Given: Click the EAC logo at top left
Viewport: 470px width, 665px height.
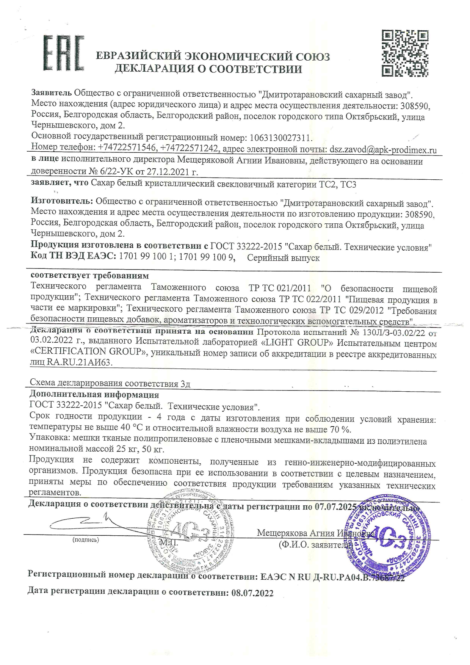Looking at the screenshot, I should pyautogui.click(x=64, y=53).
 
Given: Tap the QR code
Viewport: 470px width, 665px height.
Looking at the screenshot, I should pyautogui.click(x=405, y=53).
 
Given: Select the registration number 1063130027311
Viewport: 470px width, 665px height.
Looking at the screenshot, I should pyautogui.click(x=280, y=137).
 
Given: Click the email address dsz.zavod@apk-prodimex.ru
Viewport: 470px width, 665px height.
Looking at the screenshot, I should pyautogui.click(x=383, y=150).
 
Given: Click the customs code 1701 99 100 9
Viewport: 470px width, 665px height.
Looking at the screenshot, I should pyautogui.click(x=207, y=258).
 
